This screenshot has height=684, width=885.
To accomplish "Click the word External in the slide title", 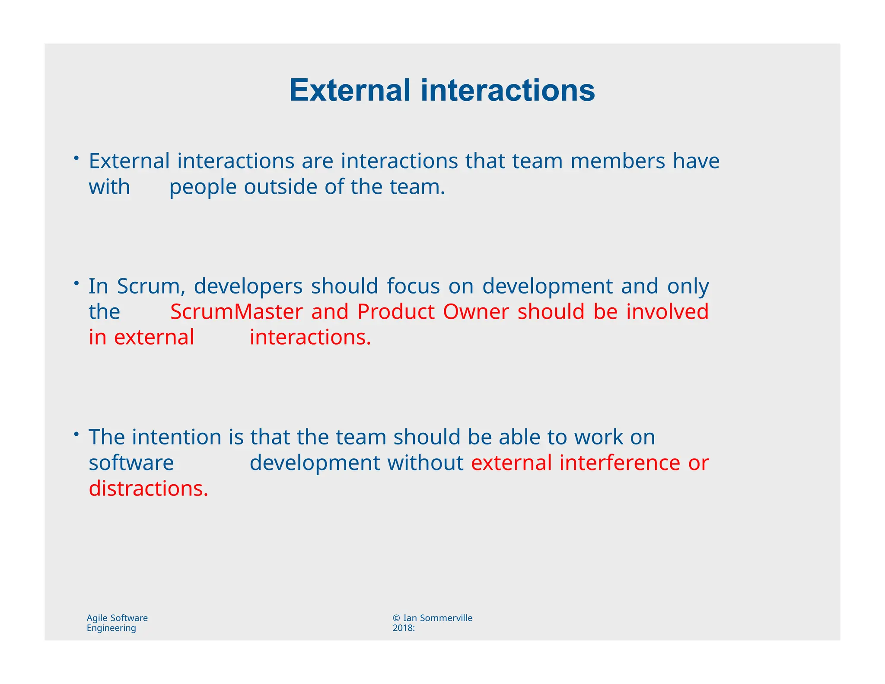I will tap(350, 91).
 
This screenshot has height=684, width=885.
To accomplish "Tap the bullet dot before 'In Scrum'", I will tap(76, 283).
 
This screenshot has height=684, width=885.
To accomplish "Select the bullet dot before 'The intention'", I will tap(76, 434).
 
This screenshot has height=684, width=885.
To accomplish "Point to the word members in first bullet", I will tap(618, 161).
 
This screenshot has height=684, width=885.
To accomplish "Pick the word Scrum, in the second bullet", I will tap(151, 286).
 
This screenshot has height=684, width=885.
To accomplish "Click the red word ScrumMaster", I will tap(236, 312).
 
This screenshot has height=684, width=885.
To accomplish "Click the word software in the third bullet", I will tap(131, 463).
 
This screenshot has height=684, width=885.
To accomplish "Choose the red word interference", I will tap(620, 463).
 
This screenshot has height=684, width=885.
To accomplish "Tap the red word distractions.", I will tap(148, 489).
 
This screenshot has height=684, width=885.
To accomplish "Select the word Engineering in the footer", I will tap(111, 628).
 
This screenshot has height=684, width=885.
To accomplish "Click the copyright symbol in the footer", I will tap(396, 618).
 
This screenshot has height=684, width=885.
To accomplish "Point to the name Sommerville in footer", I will tap(446, 618).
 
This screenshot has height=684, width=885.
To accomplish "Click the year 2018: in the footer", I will tap(404, 628).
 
